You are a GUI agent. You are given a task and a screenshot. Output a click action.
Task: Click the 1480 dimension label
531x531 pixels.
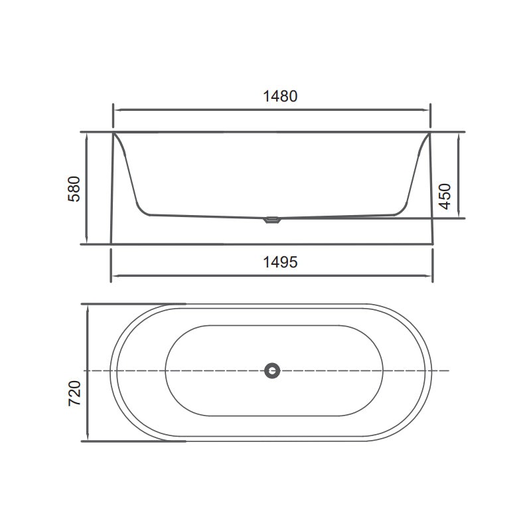(x=279, y=96)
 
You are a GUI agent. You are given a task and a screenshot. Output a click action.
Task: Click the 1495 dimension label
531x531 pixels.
(x=279, y=262)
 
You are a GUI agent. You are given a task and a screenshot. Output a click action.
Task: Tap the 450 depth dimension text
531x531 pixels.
(x=445, y=196)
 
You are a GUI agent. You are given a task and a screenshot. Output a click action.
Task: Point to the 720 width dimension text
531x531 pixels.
(x=74, y=393)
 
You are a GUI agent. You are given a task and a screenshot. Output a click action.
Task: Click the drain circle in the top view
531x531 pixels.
(x=272, y=370)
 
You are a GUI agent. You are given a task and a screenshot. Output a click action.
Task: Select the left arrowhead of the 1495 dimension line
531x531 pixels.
(x=114, y=275)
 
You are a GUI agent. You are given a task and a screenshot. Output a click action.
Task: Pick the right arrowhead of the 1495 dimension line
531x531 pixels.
(x=430, y=275)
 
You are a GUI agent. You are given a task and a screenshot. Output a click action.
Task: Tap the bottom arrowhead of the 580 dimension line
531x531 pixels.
(x=87, y=241)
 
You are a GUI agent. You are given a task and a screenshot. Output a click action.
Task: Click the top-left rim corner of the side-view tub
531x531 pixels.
(x=114, y=133)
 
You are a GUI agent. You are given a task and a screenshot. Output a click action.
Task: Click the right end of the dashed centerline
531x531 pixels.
(x=449, y=370)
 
